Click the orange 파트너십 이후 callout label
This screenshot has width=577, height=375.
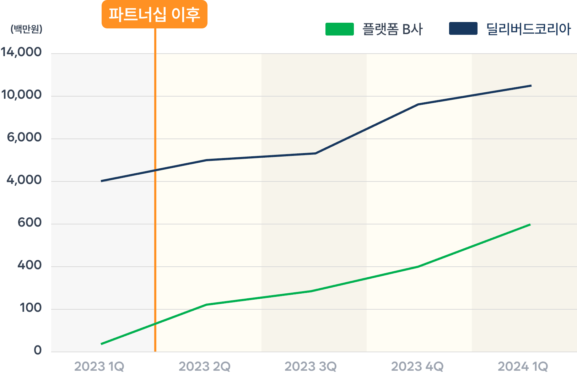[x=154, y=14]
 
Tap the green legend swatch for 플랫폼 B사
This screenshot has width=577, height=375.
[x=339, y=29]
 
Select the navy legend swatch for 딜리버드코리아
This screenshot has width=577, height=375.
[x=463, y=29]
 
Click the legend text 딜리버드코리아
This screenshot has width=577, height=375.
[x=528, y=29]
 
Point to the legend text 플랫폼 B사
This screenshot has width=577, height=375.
[x=393, y=29]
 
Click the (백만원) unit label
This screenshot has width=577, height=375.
[x=26, y=29]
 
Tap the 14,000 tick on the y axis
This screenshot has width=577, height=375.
[x=21, y=52]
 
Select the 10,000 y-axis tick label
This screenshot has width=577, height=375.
[x=21, y=95]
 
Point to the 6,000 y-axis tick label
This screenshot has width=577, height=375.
[x=24, y=137]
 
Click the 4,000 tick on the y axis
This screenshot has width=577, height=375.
[x=24, y=180]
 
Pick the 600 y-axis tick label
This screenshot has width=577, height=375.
[x=29, y=223]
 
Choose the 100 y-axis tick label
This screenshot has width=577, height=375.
[x=30, y=308]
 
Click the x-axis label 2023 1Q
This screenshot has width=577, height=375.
[x=99, y=366]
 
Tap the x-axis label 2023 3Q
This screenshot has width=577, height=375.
[x=311, y=366]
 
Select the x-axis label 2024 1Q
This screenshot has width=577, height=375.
[x=523, y=366]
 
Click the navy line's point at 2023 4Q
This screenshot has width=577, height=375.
[x=418, y=104]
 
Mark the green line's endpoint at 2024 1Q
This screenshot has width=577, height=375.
[x=530, y=224]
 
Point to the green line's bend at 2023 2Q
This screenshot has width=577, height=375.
[x=206, y=305]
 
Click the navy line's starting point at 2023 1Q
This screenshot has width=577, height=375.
[x=102, y=181]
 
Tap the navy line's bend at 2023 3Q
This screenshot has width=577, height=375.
[x=316, y=153]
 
